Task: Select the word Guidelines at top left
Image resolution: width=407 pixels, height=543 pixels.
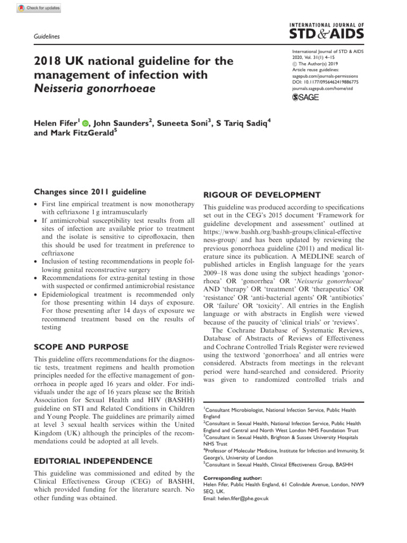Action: tap(47, 37)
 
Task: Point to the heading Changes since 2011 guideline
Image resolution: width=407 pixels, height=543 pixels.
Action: tap(91, 191)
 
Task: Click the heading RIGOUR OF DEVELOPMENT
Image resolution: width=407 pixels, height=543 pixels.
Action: tap(261, 195)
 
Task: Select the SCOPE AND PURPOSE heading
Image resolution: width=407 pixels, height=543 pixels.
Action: tap(81, 347)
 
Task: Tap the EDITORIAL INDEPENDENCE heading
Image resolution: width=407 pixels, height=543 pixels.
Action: tap(93, 461)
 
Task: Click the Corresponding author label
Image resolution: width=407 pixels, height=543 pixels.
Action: tap(229, 478)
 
